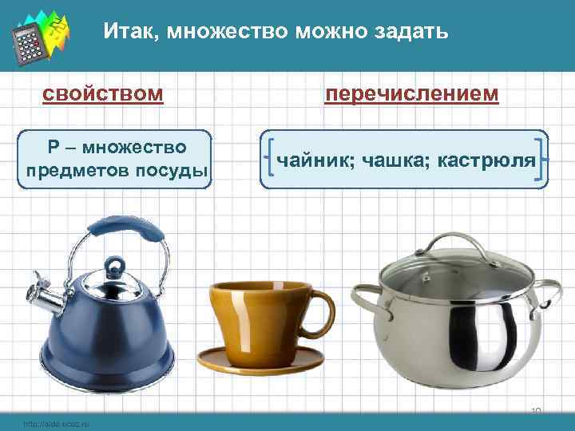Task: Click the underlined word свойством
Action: [x=103, y=95]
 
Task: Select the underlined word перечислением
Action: [x=412, y=94]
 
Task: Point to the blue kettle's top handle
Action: [x=128, y=234]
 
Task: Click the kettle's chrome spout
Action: [x=44, y=300]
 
